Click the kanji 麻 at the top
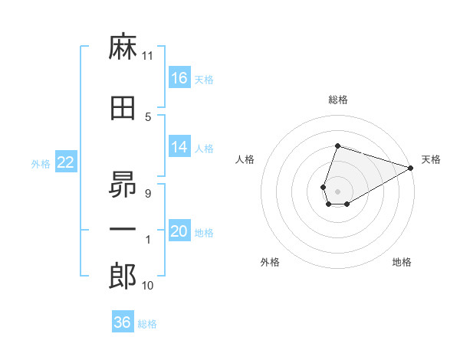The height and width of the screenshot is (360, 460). point(123,46)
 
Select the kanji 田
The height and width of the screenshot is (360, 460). point(123,108)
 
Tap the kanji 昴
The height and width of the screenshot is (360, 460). point(123,185)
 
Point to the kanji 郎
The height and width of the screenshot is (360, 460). point(123,276)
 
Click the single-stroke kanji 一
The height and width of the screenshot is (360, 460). point(123,229)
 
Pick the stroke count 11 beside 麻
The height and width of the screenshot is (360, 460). point(147,56)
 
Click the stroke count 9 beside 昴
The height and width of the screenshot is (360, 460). point(148,194)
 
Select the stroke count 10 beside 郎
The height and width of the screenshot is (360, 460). point(147,285)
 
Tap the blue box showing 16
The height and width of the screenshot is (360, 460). point(179,77)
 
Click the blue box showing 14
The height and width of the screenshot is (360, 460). point(179,146)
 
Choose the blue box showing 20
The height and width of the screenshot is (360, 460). point(179,230)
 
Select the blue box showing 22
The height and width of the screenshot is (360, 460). point(66,162)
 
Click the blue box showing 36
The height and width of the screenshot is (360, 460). point(123,321)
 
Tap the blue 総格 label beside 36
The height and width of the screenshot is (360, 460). point(147,324)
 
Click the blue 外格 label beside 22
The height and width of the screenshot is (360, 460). point(41,164)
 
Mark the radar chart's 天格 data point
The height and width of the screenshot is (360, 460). point(411,168)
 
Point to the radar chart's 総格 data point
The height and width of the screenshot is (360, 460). point(337,146)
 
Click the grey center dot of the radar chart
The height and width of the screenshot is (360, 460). point(337,191)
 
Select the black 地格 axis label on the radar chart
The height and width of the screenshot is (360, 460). point(402,262)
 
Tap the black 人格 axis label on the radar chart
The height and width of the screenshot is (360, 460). point(245,159)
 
